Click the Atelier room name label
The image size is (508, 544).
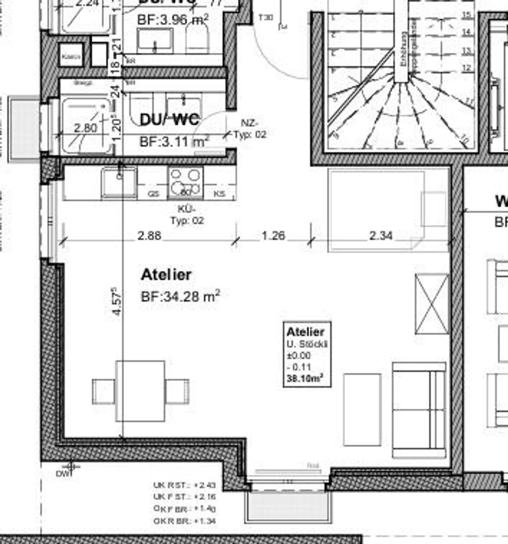pyautogui.click(x=166, y=275)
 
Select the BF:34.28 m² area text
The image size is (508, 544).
pyautogui.click(x=180, y=296)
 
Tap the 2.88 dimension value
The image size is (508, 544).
pyautogui.click(x=149, y=235)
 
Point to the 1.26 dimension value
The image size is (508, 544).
pyautogui.click(x=273, y=235)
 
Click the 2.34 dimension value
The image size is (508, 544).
pyautogui.click(x=381, y=235)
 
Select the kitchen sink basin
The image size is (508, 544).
pyautogui.click(x=119, y=182)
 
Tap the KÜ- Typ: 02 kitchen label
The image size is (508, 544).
pyautogui.click(x=187, y=215)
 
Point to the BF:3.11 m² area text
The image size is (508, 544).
pyautogui.click(x=174, y=141)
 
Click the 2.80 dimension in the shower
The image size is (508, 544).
pyautogui.click(x=85, y=127)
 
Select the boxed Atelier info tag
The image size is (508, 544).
pyautogui.click(x=307, y=354)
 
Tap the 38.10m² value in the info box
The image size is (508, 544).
pyautogui.click(x=305, y=379)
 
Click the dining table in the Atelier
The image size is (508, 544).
pyautogui.click(x=140, y=391)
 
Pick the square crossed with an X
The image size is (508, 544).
pyautogui.click(x=432, y=304)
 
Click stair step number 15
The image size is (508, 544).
pyautogui.click(x=466, y=15)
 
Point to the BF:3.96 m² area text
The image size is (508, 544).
pyautogui.click(x=173, y=19)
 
